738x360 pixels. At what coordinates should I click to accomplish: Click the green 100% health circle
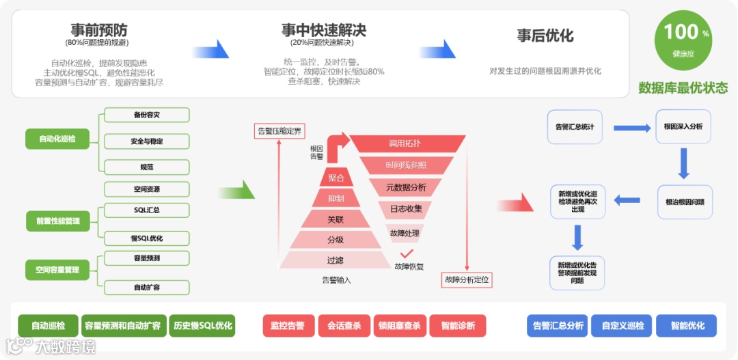pyautogui.click(x=683, y=40)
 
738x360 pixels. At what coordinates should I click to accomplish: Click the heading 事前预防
pyautogui.click(x=99, y=31)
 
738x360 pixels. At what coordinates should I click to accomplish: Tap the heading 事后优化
pyautogui.click(x=545, y=36)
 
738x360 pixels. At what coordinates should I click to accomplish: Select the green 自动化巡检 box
pyautogui.click(x=57, y=139)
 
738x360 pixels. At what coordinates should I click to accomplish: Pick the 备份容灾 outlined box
pyautogui.click(x=146, y=115)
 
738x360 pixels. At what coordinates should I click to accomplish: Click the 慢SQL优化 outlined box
pyautogui.click(x=146, y=238)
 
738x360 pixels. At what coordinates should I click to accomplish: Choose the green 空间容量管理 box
pyautogui.click(x=57, y=270)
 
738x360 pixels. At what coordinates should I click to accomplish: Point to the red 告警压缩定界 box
pyautogui.click(x=279, y=130)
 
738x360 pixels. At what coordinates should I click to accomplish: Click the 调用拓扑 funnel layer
pyautogui.click(x=405, y=143)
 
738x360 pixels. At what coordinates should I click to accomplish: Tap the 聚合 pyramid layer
pyautogui.click(x=336, y=178)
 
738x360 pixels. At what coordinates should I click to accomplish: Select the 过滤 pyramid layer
pyautogui.click(x=335, y=260)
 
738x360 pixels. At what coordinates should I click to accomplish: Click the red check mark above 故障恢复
pyautogui.click(x=407, y=255)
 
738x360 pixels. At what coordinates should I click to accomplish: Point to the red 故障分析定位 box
pyautogui.click(x=468, y=279)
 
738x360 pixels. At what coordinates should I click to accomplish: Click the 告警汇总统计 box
pyautogui.click(x=575, y=127)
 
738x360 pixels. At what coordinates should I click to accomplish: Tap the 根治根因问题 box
pyautogui.click(x=684, y=202)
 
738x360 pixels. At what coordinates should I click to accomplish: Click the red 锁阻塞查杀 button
pyautogui.click(x=400, y=326)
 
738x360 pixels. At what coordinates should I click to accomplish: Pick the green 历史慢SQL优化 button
pyautogui.click(x=203, y=326)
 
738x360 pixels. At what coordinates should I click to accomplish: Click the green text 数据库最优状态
pyautogui.click(x=683, y=88)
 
